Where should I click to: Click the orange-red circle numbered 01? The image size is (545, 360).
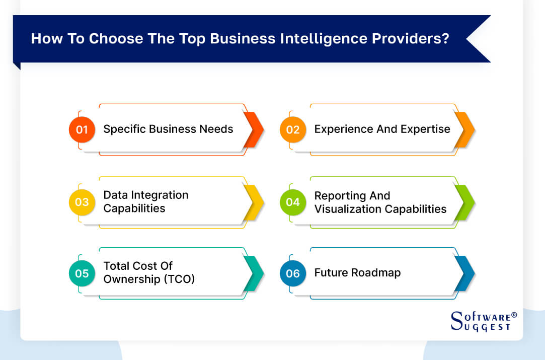82,129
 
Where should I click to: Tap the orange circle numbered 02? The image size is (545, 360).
292,129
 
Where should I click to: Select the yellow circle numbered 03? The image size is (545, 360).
82,202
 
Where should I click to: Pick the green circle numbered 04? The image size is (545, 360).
292,202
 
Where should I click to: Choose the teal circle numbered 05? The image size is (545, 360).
82,273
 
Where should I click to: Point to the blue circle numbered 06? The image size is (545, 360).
292,273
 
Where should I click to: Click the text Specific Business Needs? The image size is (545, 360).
168,129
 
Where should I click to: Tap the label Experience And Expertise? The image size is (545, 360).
382,129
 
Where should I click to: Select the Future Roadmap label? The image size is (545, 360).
357,273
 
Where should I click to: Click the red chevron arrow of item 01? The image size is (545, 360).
254,129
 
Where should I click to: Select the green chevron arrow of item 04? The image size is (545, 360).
464,202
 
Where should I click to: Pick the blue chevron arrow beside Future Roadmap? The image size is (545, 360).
464,273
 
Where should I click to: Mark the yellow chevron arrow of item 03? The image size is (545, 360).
254,202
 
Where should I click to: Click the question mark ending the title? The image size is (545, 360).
445,39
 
